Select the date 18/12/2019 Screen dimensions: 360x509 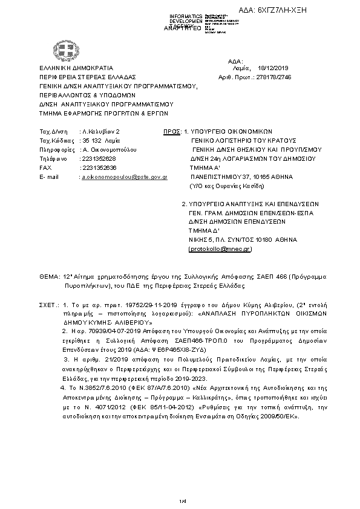(275, 69)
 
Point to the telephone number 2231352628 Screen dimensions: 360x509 (99, 158)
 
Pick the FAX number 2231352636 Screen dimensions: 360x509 (99, 167)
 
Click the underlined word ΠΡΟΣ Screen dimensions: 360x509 (171, 131)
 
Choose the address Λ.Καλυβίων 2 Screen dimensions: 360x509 (101, 131)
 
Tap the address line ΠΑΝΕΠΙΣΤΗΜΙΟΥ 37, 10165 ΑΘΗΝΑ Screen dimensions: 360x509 (241, 177)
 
